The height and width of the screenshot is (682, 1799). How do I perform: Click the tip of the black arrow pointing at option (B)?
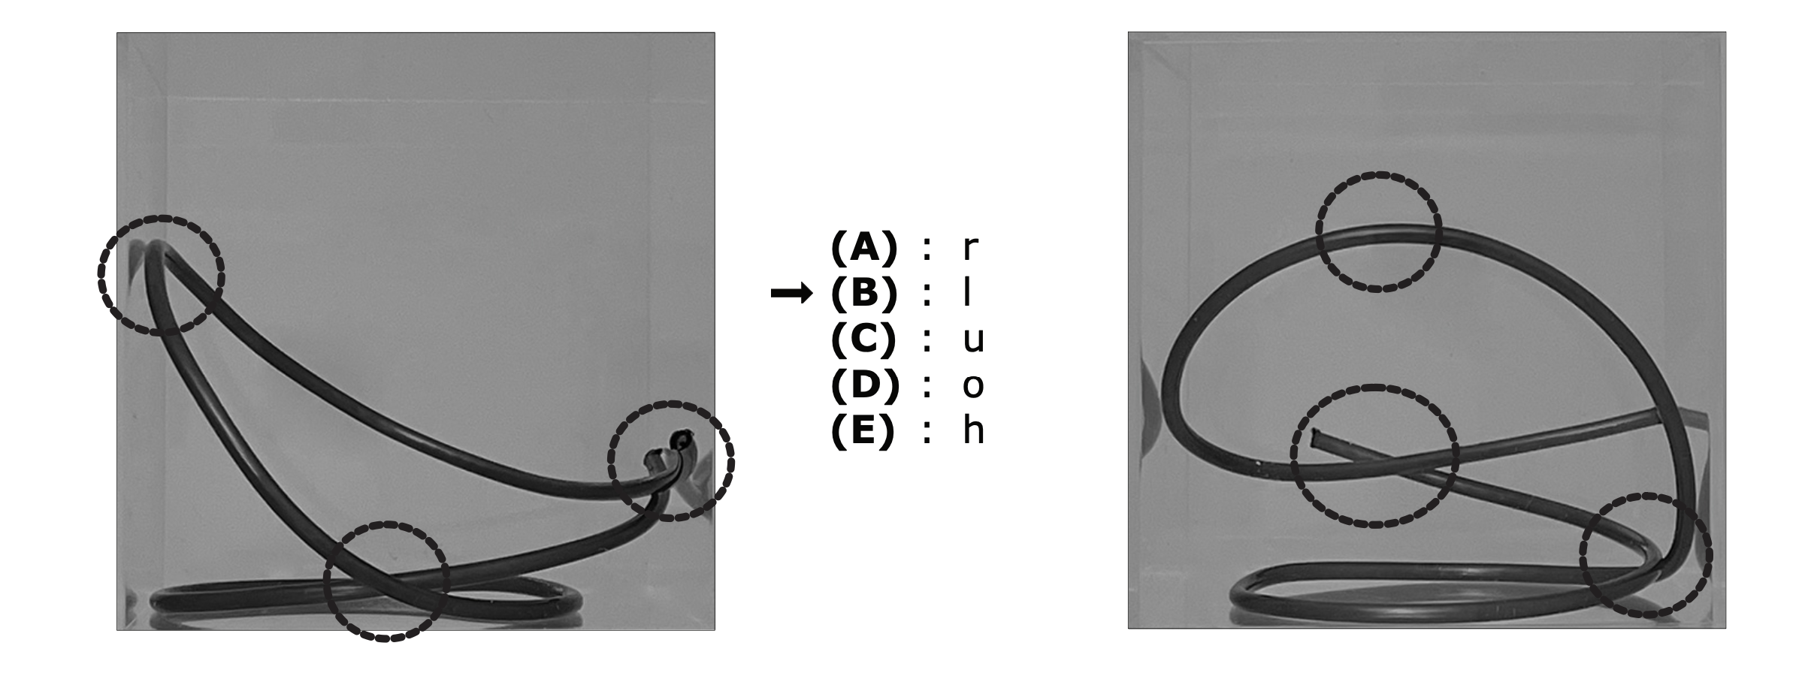813,294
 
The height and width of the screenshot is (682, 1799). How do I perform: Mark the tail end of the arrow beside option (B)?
772,294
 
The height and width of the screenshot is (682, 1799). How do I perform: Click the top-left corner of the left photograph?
116,32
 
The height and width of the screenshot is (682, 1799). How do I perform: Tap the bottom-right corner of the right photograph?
1726,629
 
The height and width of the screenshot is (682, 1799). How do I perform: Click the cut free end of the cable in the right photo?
1314,435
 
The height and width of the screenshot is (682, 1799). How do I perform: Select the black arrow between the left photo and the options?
792,294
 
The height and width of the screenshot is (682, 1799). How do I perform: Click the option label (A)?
863,248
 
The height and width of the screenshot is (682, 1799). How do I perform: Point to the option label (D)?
864,385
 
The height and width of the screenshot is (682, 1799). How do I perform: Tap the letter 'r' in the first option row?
971,249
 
